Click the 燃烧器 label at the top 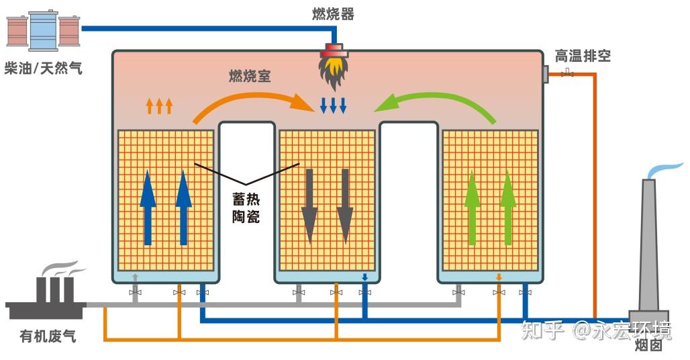(x=333, y=13)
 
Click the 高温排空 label (x=583, y=56)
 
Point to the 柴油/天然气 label (x=44, y=68)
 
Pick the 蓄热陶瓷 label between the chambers (x=246, y=208)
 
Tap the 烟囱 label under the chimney (x=648, y=345)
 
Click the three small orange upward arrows (x=159, y=105)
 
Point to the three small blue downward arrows (x=333, y=105)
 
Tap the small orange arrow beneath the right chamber (x=499, y=277)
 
